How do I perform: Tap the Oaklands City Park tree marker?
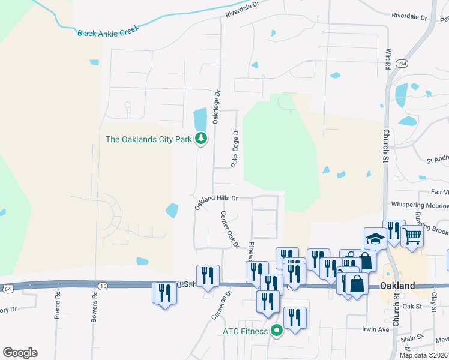coord(201,139)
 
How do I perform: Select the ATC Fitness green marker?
coord(277,330)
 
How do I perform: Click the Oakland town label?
coord(397,286)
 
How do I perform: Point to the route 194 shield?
coord(402,63)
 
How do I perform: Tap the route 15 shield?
coord(103,286)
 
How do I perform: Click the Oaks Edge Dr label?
coord(235,148)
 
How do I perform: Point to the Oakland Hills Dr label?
coord(216,201)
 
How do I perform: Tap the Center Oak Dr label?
coord(229,229)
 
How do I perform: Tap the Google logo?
coord(20,352)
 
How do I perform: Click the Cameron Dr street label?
coord(220,305)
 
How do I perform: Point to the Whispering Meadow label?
coord(420,205)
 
